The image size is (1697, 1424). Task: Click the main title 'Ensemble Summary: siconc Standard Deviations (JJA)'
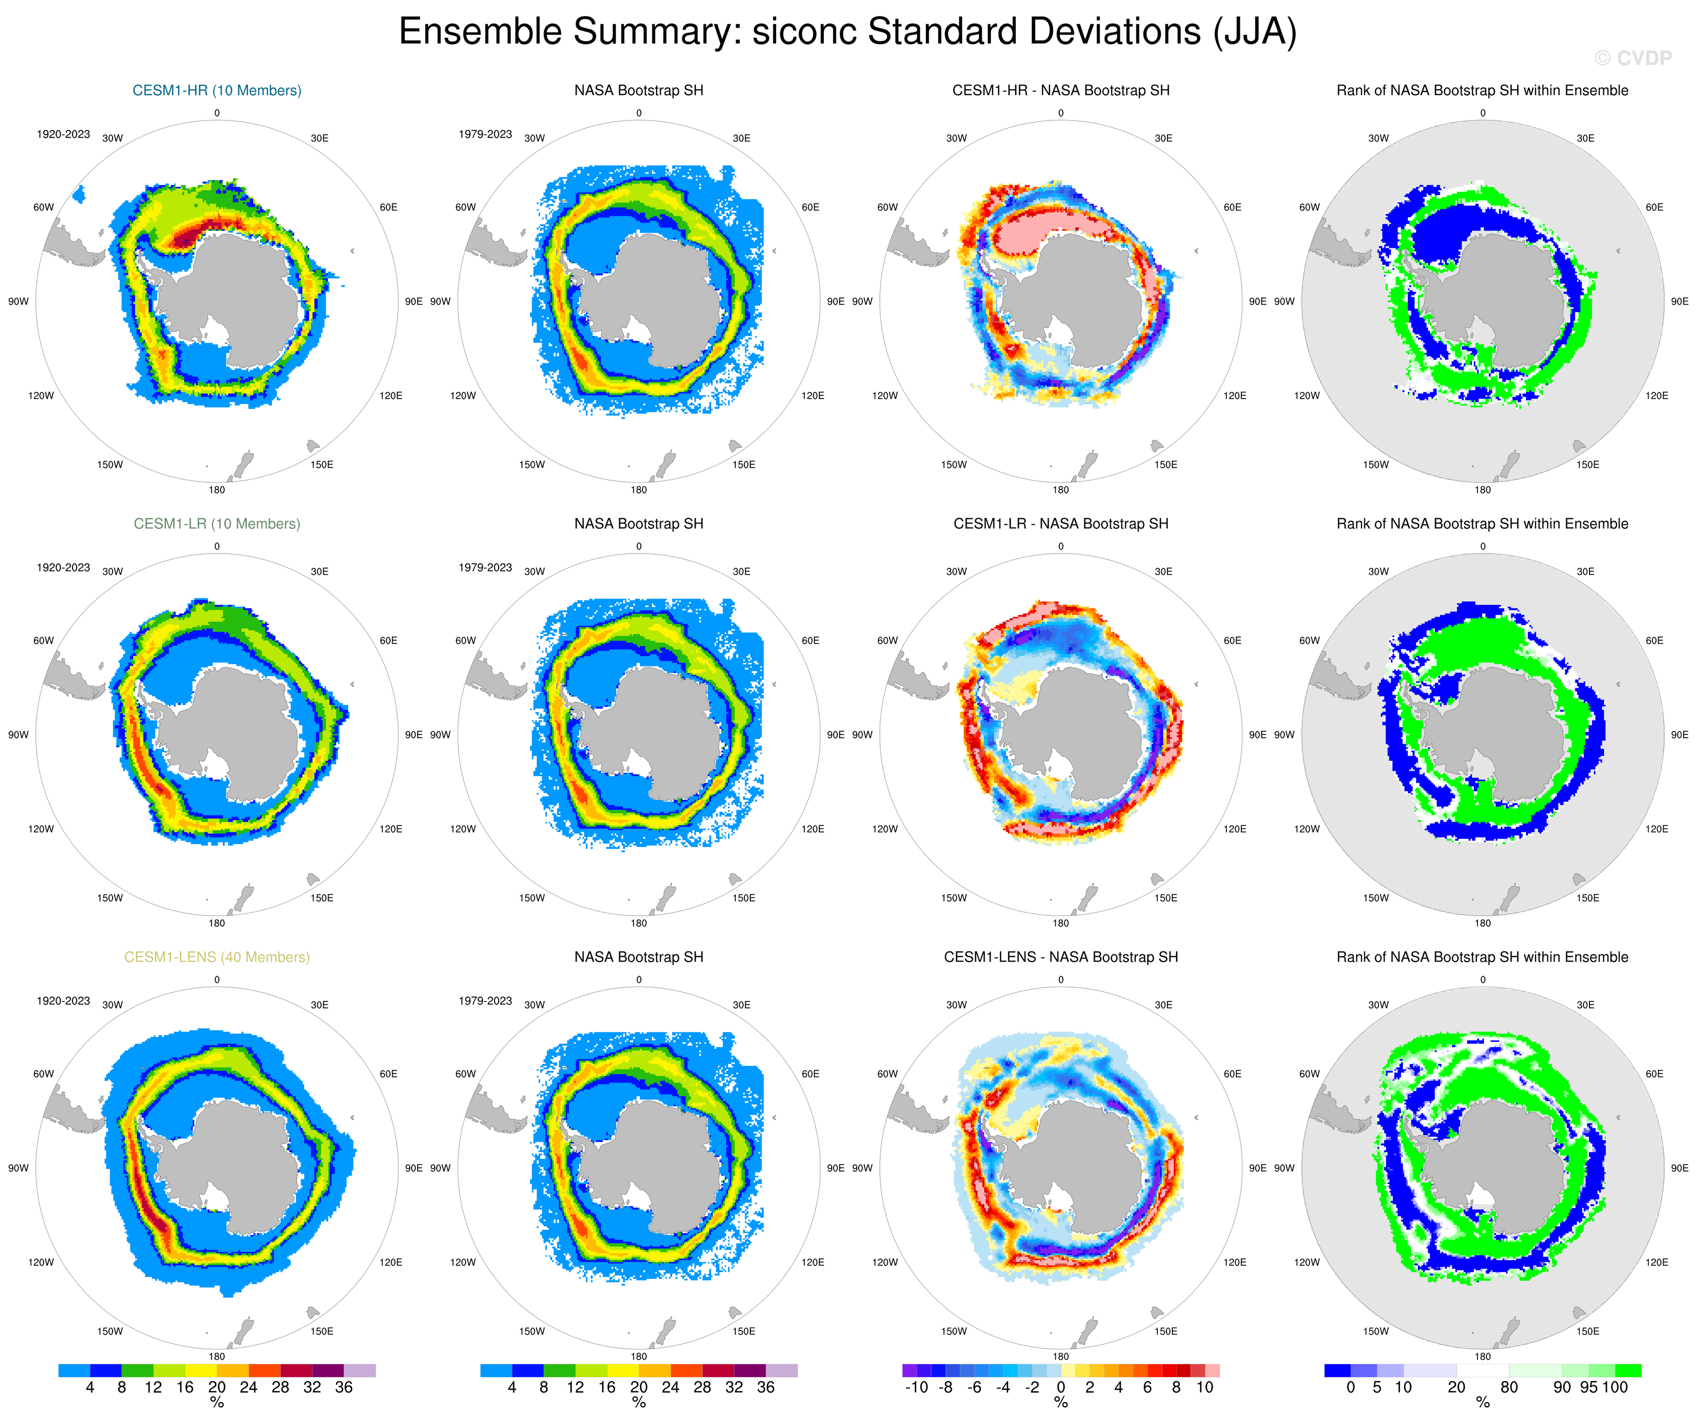(x=848, y=32)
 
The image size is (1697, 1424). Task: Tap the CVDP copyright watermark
(x=1632, y=58)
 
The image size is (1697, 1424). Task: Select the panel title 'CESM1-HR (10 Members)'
(x=217, y=90)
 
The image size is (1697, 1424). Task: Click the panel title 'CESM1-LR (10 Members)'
(x=217, y=523)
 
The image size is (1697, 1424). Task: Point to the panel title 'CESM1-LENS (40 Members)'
(x=217, y=957)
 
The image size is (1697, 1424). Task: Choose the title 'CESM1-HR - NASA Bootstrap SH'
(x=1060, y=90)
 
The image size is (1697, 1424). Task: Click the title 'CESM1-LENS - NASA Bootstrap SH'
(x=1060, y=957)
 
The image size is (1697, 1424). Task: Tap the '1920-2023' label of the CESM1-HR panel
(x=63, y=134)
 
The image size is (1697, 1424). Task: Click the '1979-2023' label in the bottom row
(x=485, y=1001)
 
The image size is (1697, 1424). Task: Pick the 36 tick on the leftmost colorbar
(x=344, y=1387)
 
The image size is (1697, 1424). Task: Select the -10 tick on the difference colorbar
(x=916, y=1387)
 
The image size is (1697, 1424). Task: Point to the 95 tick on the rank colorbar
(x=1588, y=1387)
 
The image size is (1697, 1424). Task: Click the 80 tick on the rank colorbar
(x=1509, y=1387)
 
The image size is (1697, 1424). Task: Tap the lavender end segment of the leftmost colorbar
(x=360, y=1370)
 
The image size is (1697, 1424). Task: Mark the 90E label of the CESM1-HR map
(x=413, y=301)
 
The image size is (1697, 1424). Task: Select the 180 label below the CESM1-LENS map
(x=217, y=1357)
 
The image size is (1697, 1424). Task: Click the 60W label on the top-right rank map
(x=1309, y=207)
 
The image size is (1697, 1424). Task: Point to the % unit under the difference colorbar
(x=1060, y=1404)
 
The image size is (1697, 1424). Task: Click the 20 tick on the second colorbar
(x=638, y=1387)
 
